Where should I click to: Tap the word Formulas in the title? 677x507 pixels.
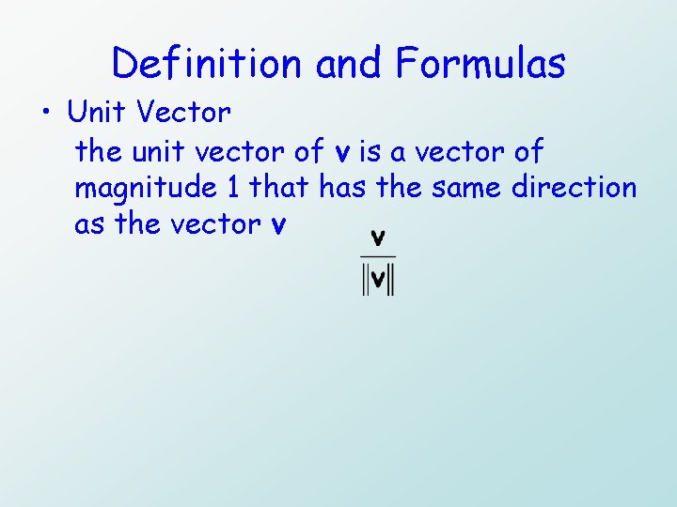(480, 64)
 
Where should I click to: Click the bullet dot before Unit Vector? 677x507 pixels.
(46, 114)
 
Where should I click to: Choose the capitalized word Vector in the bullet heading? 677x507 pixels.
(182, 113)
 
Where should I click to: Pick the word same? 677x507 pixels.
(467, 188)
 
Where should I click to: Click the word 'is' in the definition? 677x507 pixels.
(368, 150)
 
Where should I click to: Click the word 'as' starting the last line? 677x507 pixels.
(89, 225)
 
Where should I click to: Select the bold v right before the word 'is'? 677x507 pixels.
(342, 152)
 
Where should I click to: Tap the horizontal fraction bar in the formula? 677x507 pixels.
(378, 256)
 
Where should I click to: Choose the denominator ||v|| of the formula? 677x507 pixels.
(378, 281)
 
